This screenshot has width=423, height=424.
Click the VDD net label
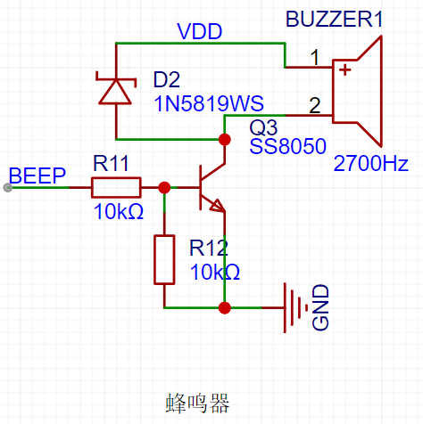(x=200, y=31)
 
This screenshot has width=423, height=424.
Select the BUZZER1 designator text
(x=334, y=20)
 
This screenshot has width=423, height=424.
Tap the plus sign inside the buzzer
(x=345, y=70)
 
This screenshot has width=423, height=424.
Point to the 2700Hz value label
(x=370, y=163)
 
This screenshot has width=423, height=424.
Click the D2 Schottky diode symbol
(x=115, y=88)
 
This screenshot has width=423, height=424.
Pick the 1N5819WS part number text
(x=209, y=103)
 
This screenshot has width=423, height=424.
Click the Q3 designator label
(x=263, y=127)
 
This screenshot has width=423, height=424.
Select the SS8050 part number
(x=287, y=146)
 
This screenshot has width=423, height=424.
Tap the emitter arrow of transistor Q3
(x=217, y=206)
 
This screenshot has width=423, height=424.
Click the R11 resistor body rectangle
(x=116, y=188)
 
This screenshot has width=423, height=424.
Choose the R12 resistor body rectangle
(x=164, y=260)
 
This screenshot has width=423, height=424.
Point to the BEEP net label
(x=37, y=175)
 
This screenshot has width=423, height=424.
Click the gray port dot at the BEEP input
(x=8, y=188)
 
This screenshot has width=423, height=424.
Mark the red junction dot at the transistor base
(x=164, y=188)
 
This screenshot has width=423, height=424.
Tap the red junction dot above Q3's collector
(x=225, y=139)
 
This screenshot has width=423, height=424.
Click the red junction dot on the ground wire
(x=225, y=308)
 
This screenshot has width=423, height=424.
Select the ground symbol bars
(x=295, y=308)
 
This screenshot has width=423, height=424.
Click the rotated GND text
(x=320, y=307)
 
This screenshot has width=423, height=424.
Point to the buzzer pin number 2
(x=315, y=105)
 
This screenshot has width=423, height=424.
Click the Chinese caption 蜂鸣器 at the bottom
(x=197, y=404)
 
